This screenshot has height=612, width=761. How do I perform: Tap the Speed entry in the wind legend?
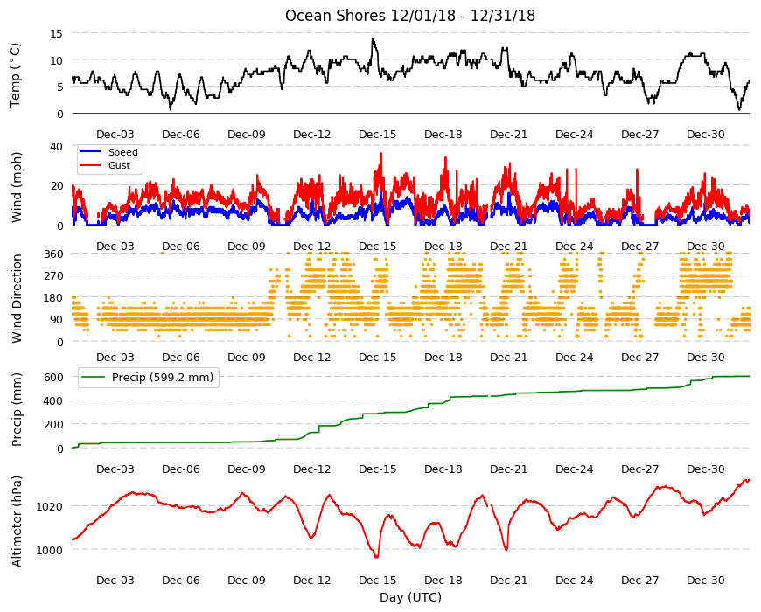pyautogui.click(x=122, y=152)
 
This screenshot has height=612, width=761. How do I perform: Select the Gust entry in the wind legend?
pyautogui.click(x=119, y=165)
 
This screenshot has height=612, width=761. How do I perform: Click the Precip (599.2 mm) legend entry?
pyautogui.click(x=163, y=378)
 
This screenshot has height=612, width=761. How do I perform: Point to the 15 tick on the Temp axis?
pyautogui.click(x=56, y=33)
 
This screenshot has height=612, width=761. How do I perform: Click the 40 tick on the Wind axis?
pyautogui.click(x=56, y=146)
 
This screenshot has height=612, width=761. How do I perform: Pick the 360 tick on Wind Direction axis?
pyautogui.click(x=54, y=254)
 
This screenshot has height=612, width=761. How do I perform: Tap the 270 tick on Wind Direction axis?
pyautogui.click(x=54, y=276)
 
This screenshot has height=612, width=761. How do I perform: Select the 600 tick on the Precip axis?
pyautogui.click(x=54, y=377)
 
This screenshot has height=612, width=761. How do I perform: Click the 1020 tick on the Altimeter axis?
pyautogui.click(x=50, y=507)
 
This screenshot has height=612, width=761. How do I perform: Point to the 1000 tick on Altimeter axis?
pyautogui.click(x=50, y=551)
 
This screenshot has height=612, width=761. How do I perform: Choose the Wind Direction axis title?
pyautogui.click(x=17, y=298)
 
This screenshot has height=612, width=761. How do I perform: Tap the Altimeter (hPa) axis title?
pyautogui.click(x=17, y=521)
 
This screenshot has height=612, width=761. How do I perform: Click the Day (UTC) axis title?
pyautogui.click(x=410, y=597)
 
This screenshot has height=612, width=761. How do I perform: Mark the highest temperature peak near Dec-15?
pyautogui.click(x=373, y=38)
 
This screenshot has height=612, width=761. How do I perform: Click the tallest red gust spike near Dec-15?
pyautogui.click(x=381, y=154)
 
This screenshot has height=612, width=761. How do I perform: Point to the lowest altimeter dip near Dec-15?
pyautogui.click(x=376, y=557)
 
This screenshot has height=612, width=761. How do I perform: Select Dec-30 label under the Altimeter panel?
pyautogui.click(x=705, y=580)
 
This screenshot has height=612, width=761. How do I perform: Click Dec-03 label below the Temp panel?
pyautogui.click(x=115, y=135)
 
